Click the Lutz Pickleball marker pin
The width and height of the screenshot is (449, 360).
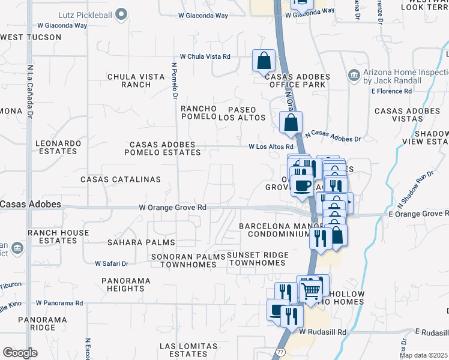122,13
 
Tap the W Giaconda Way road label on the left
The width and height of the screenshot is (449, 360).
62,26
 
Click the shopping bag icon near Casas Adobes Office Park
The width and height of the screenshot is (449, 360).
264,61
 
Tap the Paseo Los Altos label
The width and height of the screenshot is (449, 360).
246,113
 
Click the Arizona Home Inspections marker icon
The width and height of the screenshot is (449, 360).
354,76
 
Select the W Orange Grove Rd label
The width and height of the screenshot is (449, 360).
173,207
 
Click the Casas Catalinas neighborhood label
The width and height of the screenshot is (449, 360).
121,179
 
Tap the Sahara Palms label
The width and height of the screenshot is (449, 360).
141,242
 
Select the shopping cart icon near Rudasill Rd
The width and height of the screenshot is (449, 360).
310,290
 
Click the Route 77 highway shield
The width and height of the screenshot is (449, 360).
280,351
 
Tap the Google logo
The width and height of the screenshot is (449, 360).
20,352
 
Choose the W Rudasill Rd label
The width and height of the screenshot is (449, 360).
323,331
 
